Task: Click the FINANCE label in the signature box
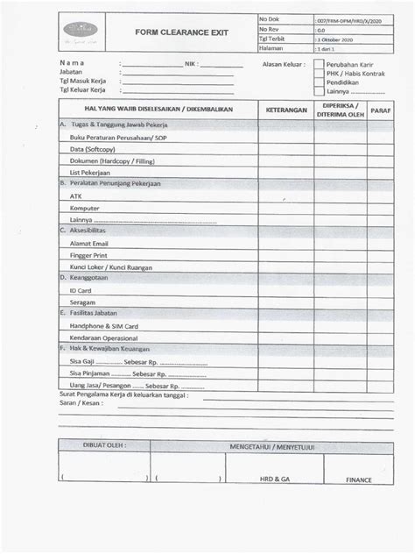[x=358, y=480]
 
